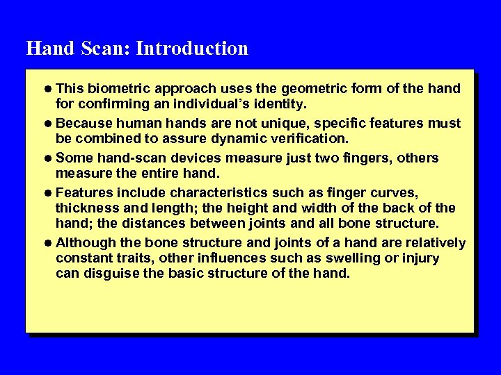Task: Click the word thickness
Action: (x=84, y=208)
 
